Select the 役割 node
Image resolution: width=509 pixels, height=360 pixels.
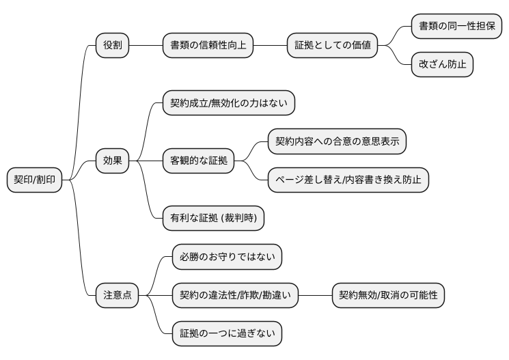tap(111, 46)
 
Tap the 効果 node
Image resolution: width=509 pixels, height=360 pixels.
tap(111, 161)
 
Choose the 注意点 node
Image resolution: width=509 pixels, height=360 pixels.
tap(116, 295)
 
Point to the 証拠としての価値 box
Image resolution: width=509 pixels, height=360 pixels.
tap(329, 46)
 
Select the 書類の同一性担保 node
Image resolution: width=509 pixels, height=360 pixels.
tap(456, 27)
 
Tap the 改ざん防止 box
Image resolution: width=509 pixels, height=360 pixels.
tap(441, 65)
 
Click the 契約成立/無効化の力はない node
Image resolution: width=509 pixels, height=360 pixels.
tap(228, 103)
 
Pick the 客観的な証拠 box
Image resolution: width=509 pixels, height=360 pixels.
tap(199, 161)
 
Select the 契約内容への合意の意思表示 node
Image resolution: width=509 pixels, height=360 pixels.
tap(336, 142)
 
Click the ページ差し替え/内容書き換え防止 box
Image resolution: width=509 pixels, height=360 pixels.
tap(348, 180)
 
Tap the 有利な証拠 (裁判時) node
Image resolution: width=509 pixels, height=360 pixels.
tap(213, 219)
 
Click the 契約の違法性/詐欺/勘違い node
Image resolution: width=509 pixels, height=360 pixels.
tap(235, 295)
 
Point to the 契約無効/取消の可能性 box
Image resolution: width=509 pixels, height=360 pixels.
tap(388, 295)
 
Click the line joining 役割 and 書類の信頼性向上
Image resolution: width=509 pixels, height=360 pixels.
tap(145, 46)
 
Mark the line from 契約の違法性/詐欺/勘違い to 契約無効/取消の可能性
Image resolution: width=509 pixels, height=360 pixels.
tap(316, 295)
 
